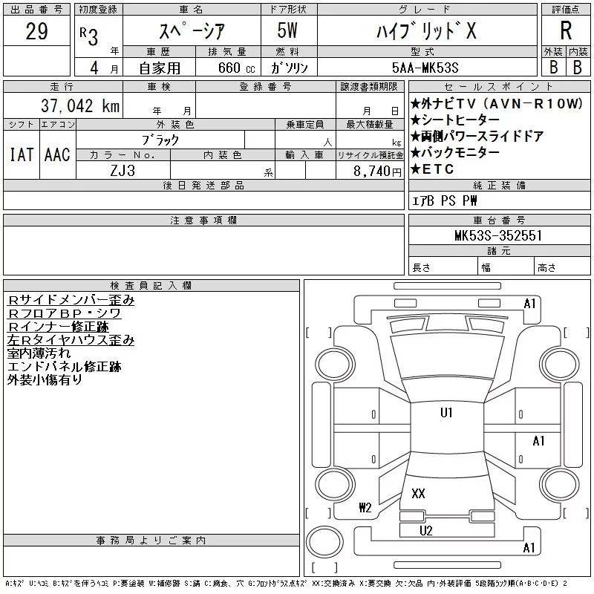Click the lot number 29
[37, 31]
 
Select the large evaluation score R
[566, 31]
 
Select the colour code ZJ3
[123, 169]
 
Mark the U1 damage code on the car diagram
[446, 413]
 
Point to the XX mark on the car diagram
[418, 493]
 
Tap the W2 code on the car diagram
[365, 508]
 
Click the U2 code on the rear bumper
[426, 530]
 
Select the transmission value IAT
[21, 154]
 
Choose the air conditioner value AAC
[57, 154]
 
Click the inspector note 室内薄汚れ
[39, 353]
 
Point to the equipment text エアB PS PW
[446, 201]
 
